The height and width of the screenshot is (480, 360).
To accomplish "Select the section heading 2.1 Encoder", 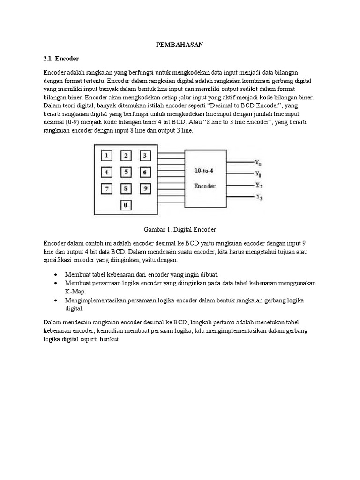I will pyautogui.click(x=61, y=59).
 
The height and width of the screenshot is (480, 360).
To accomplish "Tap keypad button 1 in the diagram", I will pyautogui.click(x=107, y=156).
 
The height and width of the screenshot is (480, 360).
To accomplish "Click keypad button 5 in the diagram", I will pyautogui.click(x=126, y=172).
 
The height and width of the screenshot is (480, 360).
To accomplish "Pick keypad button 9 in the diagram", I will pyautogui.click(x=145, y=189).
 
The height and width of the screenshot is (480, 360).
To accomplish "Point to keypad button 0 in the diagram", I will pyautogui.click(x=126, y=205).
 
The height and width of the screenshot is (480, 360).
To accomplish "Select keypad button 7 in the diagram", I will pyautogui.click(x=107, y=189).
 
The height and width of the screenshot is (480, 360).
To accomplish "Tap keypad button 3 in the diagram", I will pyautogui.click(x=145, y=156).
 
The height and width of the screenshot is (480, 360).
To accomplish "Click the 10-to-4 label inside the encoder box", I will pyautogui.click(x=205, y=171).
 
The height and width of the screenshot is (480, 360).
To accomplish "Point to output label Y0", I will pyautogui.click(x=258, y=163).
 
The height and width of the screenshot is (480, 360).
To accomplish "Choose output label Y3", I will pyautogui.click(x=258, y=197).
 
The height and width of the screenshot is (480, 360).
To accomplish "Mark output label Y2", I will pyautogui.click(x=258, y=185).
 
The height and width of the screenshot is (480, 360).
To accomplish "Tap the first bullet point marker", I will pyautogui.click(x=56, y=274).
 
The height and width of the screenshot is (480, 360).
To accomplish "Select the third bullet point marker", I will pyautogui.click(x=56, y=300).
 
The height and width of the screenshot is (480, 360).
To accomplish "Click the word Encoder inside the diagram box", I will pyautogui.click(x=205, y=186).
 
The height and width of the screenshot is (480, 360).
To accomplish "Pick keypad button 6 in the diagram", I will pyautogui.click(x=145, y=172).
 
